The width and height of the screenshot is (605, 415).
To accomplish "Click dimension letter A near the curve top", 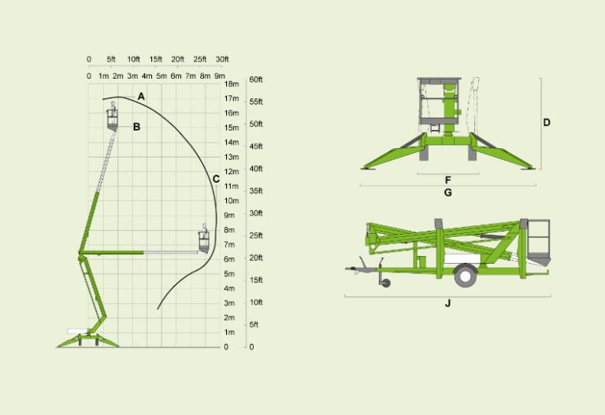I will tap(141, 96).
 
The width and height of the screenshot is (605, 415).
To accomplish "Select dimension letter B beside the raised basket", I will tap(136, 126).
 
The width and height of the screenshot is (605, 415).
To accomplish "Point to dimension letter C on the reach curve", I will tap(216, 179).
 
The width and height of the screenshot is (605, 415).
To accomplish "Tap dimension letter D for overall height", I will tap(547, 123).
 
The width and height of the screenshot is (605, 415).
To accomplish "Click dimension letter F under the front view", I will tap(448, 180).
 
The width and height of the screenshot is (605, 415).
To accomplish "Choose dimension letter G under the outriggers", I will tap(448, 192).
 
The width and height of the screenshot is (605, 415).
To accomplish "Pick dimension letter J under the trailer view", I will tap(448, 303).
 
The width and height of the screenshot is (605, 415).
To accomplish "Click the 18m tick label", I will tap(232, 84).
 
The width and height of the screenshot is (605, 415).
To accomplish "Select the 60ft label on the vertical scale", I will tap(256, 80).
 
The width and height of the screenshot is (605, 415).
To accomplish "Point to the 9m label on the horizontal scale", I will tap(219, 76).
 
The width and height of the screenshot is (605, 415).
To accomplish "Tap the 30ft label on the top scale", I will tap(222, 59).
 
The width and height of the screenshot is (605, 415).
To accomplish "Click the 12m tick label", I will tap(232, 172).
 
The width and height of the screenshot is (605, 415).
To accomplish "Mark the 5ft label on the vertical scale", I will tap(254, 324).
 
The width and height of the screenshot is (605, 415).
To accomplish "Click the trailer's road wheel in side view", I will tap(465, 274).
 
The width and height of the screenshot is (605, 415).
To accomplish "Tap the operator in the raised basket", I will tap(112, 109).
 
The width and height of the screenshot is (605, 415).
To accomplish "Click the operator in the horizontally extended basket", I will tap(205, 234).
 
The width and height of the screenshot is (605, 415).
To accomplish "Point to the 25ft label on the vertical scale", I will tap(256, 235).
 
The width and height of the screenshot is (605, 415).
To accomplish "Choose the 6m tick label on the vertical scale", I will tap(229, 259).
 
